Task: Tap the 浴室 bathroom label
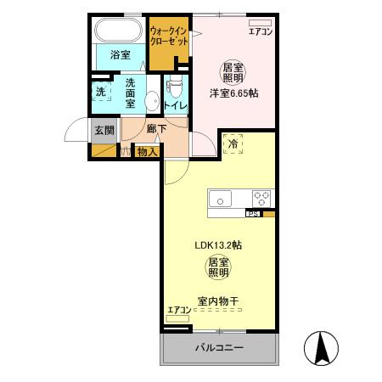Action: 120,55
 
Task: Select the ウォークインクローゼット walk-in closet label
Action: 169,36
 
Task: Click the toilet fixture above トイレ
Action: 176,86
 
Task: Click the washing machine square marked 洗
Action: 100,92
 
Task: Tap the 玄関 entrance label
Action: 104,130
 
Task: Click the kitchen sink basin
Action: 220,200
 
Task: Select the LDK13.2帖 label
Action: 218,245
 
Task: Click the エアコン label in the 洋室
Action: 258,32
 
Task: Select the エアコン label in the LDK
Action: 178,310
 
